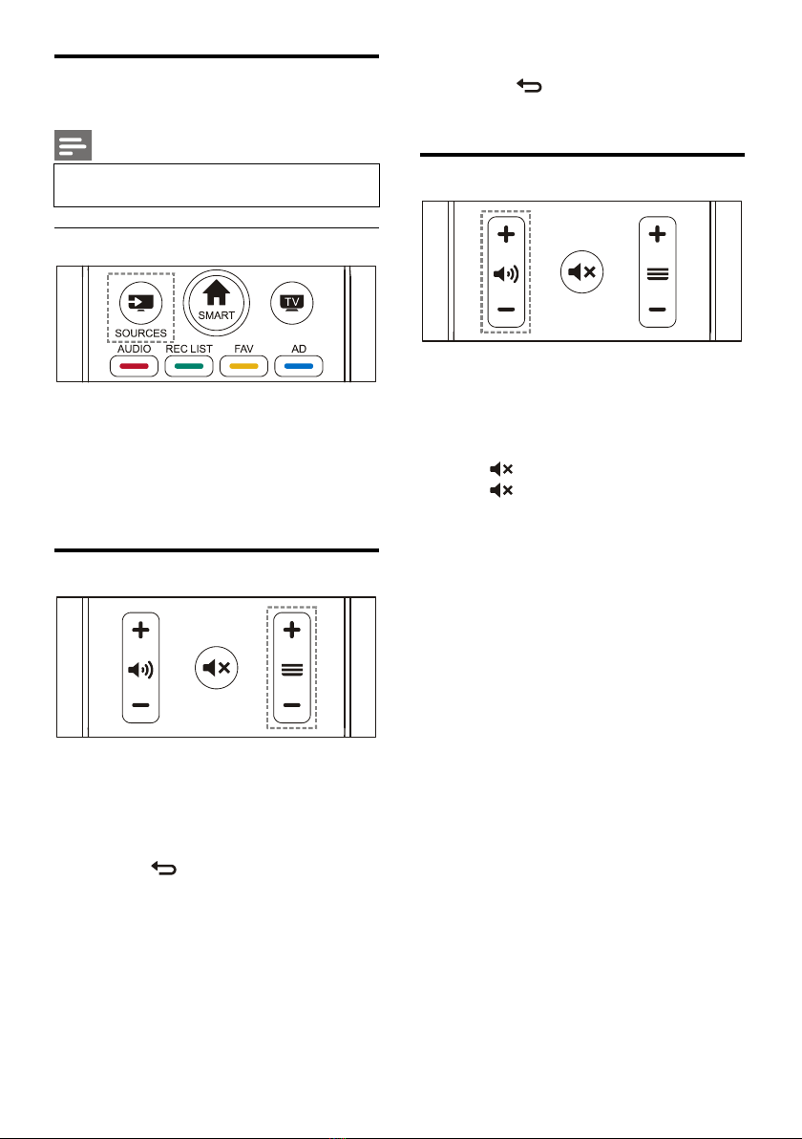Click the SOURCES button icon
[140, 302]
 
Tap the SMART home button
[216, 297]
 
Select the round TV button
[290, 300]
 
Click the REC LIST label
[188, 350]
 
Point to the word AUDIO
[135, 350]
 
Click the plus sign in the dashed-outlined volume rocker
[506, 233]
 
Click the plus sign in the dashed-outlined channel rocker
[292, 630]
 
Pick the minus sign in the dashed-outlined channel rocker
[292, 706]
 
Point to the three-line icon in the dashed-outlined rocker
[292, 669]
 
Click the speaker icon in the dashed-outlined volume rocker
[506, 273]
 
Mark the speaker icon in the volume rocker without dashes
[141, 669]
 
